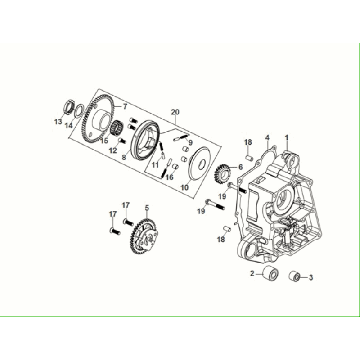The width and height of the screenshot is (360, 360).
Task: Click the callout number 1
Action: coord(288,136)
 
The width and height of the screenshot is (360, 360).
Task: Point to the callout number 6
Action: coord(240,168)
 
